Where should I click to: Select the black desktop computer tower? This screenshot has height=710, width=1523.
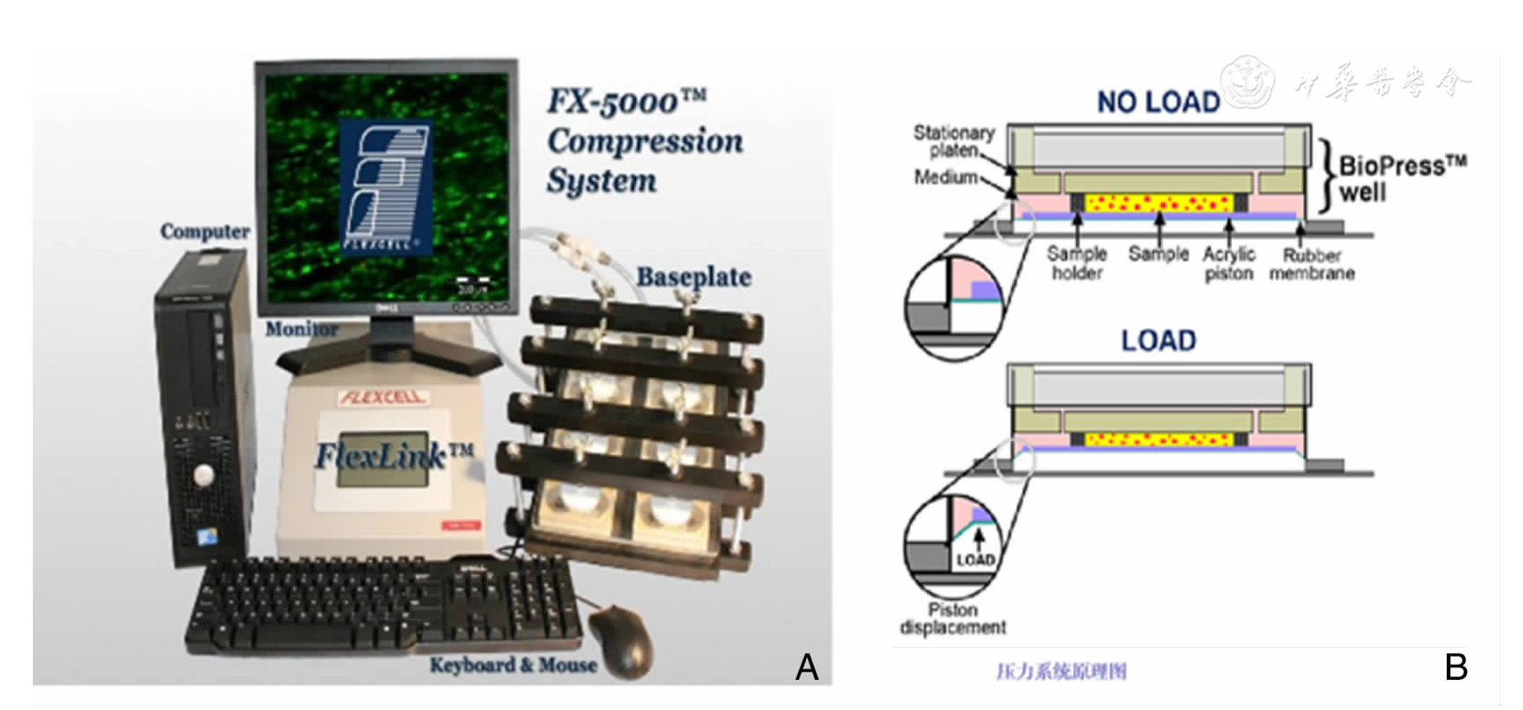(x=202, y=408)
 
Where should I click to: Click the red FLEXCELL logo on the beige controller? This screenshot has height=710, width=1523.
(x=381, y=397)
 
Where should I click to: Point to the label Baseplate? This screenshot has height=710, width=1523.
(x=694, y=277)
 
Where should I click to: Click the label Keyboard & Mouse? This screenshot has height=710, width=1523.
(x=513, y=665)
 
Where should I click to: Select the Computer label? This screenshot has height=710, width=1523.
(x=205, y=232)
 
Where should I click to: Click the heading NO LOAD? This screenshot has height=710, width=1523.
(x=1158, y=102)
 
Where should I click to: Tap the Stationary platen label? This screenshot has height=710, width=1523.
(x=954, y=141)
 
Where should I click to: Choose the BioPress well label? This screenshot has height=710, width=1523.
(x=1401, y=177)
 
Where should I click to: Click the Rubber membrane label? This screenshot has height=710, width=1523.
(x=1311, y=264)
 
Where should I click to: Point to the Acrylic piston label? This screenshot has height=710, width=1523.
(x=1229, y=264)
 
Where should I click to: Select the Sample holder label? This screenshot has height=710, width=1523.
(x=1077, y=264)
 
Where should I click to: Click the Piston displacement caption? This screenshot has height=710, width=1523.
(x=953, y=619)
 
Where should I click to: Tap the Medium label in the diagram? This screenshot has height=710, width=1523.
(x=945, y=177)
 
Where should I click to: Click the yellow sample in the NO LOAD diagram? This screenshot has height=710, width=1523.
(x=1158, y=203)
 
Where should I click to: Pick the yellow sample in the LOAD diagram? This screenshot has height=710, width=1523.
(x=1158, y=439)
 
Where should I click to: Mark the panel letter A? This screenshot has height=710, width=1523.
(x=806, y=667)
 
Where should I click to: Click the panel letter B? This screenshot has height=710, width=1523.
(x=1456, y=667)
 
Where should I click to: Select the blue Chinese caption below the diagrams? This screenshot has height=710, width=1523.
(x=1061, y=671)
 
